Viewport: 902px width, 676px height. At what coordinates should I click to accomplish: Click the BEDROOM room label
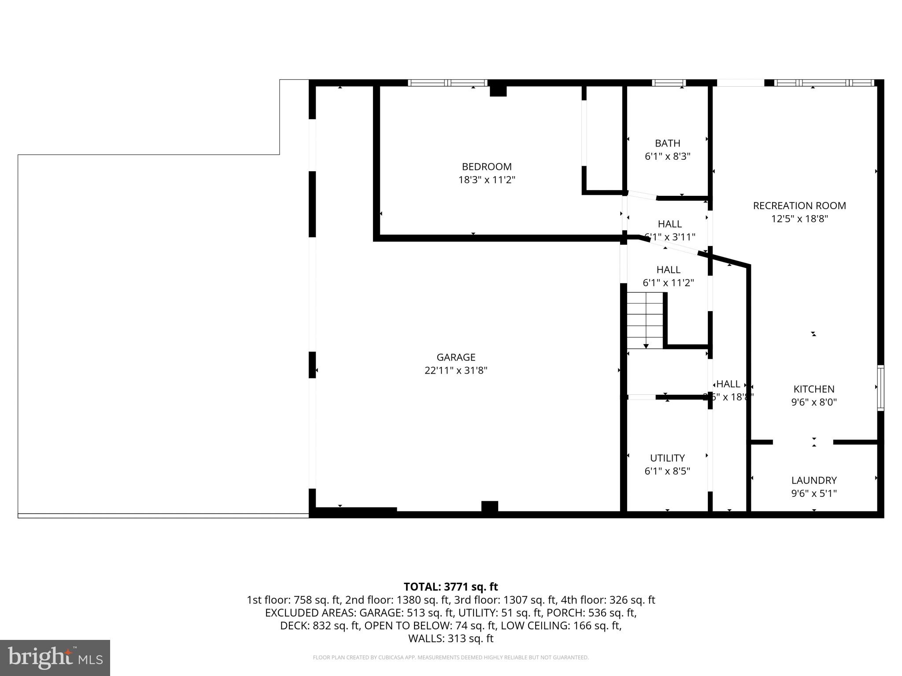(x=486, y=167)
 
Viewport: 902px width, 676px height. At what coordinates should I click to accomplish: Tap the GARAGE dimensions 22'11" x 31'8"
(x=455, y=371)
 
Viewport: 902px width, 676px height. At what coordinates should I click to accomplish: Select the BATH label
(x=667, y=143)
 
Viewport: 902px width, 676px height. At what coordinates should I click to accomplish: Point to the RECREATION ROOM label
(x=799, y=206)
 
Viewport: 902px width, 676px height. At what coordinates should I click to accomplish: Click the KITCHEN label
(x=813, y=389)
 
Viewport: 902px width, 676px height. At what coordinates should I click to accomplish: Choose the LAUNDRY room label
(x=813, y=481)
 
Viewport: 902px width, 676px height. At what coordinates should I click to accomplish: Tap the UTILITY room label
(x=667, y=458)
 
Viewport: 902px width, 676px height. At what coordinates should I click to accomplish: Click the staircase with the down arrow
(x=645, y=320)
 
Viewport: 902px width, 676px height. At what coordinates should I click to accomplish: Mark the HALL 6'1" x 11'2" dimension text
(x=668, y=283)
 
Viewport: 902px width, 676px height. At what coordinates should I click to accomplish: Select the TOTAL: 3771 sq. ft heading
(x=451, y=587)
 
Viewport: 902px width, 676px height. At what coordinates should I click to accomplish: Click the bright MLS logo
(x=55, y=658)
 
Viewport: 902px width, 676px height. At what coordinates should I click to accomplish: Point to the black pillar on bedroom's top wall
(x=498, y=90)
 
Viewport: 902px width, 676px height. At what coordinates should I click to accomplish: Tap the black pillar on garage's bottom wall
(x=489, y=507)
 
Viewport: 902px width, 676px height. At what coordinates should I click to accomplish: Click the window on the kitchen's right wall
(x=880, y=388)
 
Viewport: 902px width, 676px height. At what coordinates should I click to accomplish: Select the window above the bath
(x=669, y=83)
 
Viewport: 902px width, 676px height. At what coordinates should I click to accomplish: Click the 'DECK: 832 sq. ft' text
(x=320, y=626)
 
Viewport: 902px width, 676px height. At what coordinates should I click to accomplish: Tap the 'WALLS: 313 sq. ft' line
(x=451, y=639)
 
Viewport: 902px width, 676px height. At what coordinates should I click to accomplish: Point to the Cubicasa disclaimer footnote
(x=451, y=658)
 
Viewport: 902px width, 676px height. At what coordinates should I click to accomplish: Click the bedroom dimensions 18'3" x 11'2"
(x=486, y=180)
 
